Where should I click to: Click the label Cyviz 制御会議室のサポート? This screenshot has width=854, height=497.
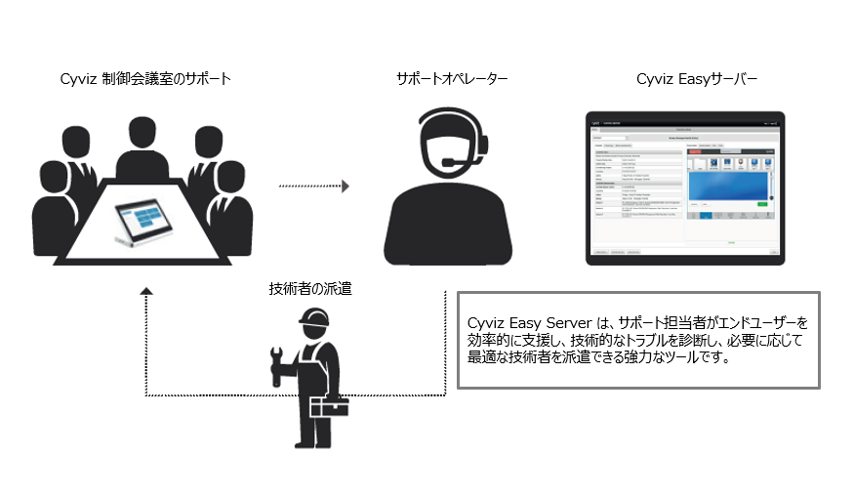pyautogui.click(x=145, y=78)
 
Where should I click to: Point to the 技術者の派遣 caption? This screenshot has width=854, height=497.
pyautogui.click(x=311, y=288)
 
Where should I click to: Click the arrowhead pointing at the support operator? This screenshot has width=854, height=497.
pyautogui.click(x=344, y=185)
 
